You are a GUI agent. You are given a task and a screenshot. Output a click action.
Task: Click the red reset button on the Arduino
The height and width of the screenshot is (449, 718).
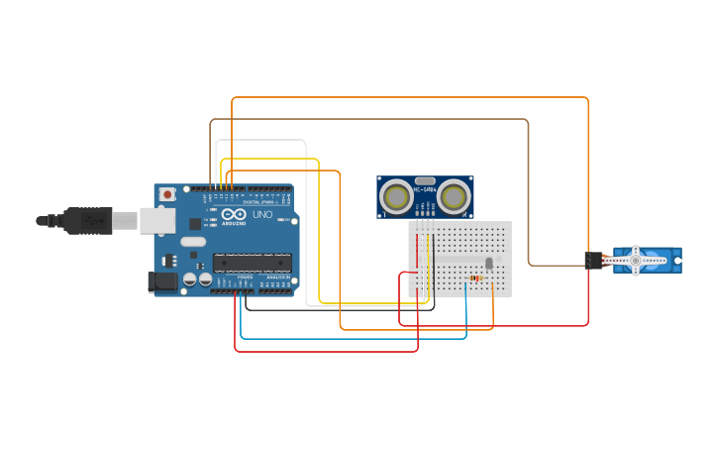click(166, 194)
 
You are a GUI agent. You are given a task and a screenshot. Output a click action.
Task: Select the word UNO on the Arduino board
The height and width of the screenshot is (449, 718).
click(262, 214)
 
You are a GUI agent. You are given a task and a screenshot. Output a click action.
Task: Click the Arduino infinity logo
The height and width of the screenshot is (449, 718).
click(234, 214)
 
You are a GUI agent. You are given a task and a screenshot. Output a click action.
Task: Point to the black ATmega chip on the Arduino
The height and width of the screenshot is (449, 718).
click(253, 263)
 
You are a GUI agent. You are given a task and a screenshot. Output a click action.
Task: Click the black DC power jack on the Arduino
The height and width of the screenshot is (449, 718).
click(162, 281)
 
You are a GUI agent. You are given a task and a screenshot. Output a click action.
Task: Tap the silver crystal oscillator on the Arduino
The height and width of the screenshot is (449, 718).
click(193, 242)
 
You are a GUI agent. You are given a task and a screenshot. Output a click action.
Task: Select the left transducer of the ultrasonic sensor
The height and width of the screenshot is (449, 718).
click(396, 196)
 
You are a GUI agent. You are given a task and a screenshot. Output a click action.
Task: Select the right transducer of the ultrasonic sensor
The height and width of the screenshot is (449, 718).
click(454, 196)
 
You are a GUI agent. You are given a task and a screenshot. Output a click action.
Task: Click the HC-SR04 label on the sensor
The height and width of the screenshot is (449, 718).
click(424, 189)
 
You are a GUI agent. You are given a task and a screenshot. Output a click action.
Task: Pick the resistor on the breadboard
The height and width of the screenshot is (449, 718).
click(477, 279)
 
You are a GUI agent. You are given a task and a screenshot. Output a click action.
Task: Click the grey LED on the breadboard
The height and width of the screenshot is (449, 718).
click(488, 263)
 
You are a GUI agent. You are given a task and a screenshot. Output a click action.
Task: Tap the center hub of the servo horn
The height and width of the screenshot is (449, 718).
click(636, 261)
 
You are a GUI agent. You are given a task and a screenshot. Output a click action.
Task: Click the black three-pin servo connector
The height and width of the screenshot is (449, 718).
click(593, 260)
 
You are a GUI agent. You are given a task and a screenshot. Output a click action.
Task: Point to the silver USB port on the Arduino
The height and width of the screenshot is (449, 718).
click(156, 220)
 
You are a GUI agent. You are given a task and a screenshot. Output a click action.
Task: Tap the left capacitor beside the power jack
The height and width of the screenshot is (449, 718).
click(188, 281)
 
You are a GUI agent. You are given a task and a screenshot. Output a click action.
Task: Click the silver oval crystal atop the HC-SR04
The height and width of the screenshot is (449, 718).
click(425, 181)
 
